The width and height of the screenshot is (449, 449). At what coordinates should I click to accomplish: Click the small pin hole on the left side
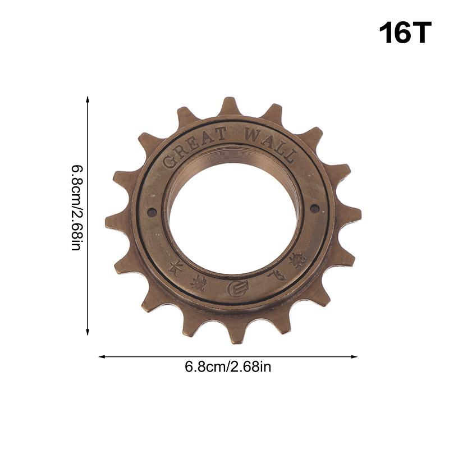152,213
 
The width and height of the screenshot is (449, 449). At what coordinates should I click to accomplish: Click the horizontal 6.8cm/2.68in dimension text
228,368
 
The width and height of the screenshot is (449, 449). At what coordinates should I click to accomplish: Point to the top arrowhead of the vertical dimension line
88,99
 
